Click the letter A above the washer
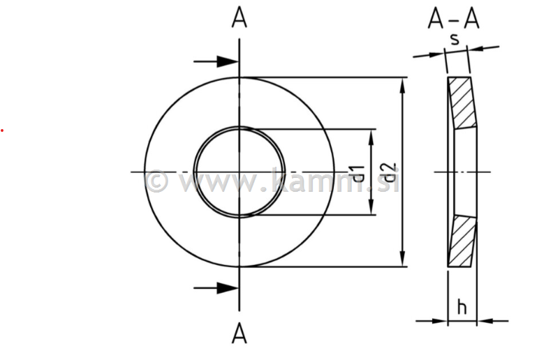click(239, 19)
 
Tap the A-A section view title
click(453, 20)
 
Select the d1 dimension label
click(357, 173)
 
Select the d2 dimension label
click(389, 173)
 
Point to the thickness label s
click(455, 38)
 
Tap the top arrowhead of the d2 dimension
click(403, 84)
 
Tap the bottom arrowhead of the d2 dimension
click(403, 260)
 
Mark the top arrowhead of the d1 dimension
click(371, 136)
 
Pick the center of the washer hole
click(239, 172)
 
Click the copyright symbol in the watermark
click(156, 181)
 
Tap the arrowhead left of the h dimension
click(440, 321)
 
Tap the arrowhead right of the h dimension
click(485, 321)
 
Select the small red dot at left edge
click(2, 130)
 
